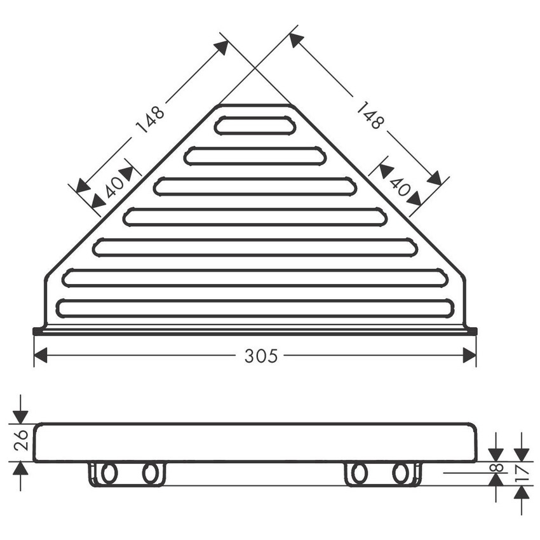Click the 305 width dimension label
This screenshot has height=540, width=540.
(x=261, y=356)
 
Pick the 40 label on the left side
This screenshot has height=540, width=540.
(x=114, y=187)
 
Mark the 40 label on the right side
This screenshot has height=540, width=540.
(x=399, y=186)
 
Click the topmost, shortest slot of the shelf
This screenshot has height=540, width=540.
(x=255, y=125)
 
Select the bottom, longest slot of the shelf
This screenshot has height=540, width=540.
(x=255, y=309)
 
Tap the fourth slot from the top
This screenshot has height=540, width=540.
(x=255, y=217)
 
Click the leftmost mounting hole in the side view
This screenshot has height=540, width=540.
(x=109, y=473)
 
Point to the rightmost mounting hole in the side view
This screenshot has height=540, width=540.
(x=400, y=473)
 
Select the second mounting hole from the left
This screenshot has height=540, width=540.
(x=150, y=473)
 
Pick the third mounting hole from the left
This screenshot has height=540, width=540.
(x=359, y=473)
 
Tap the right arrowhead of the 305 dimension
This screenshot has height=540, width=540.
(x=469, y=356)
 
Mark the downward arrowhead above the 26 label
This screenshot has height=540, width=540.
(x=20, y=415)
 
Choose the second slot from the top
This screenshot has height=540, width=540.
(x=255, y=156)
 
